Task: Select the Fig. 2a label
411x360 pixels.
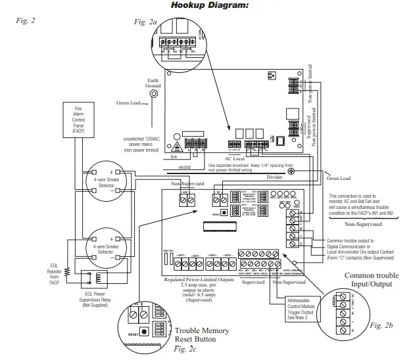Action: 145,22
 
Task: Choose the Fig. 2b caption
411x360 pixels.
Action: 380,325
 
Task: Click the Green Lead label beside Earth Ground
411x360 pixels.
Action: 128,103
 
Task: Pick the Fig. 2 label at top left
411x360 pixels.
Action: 24,20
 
